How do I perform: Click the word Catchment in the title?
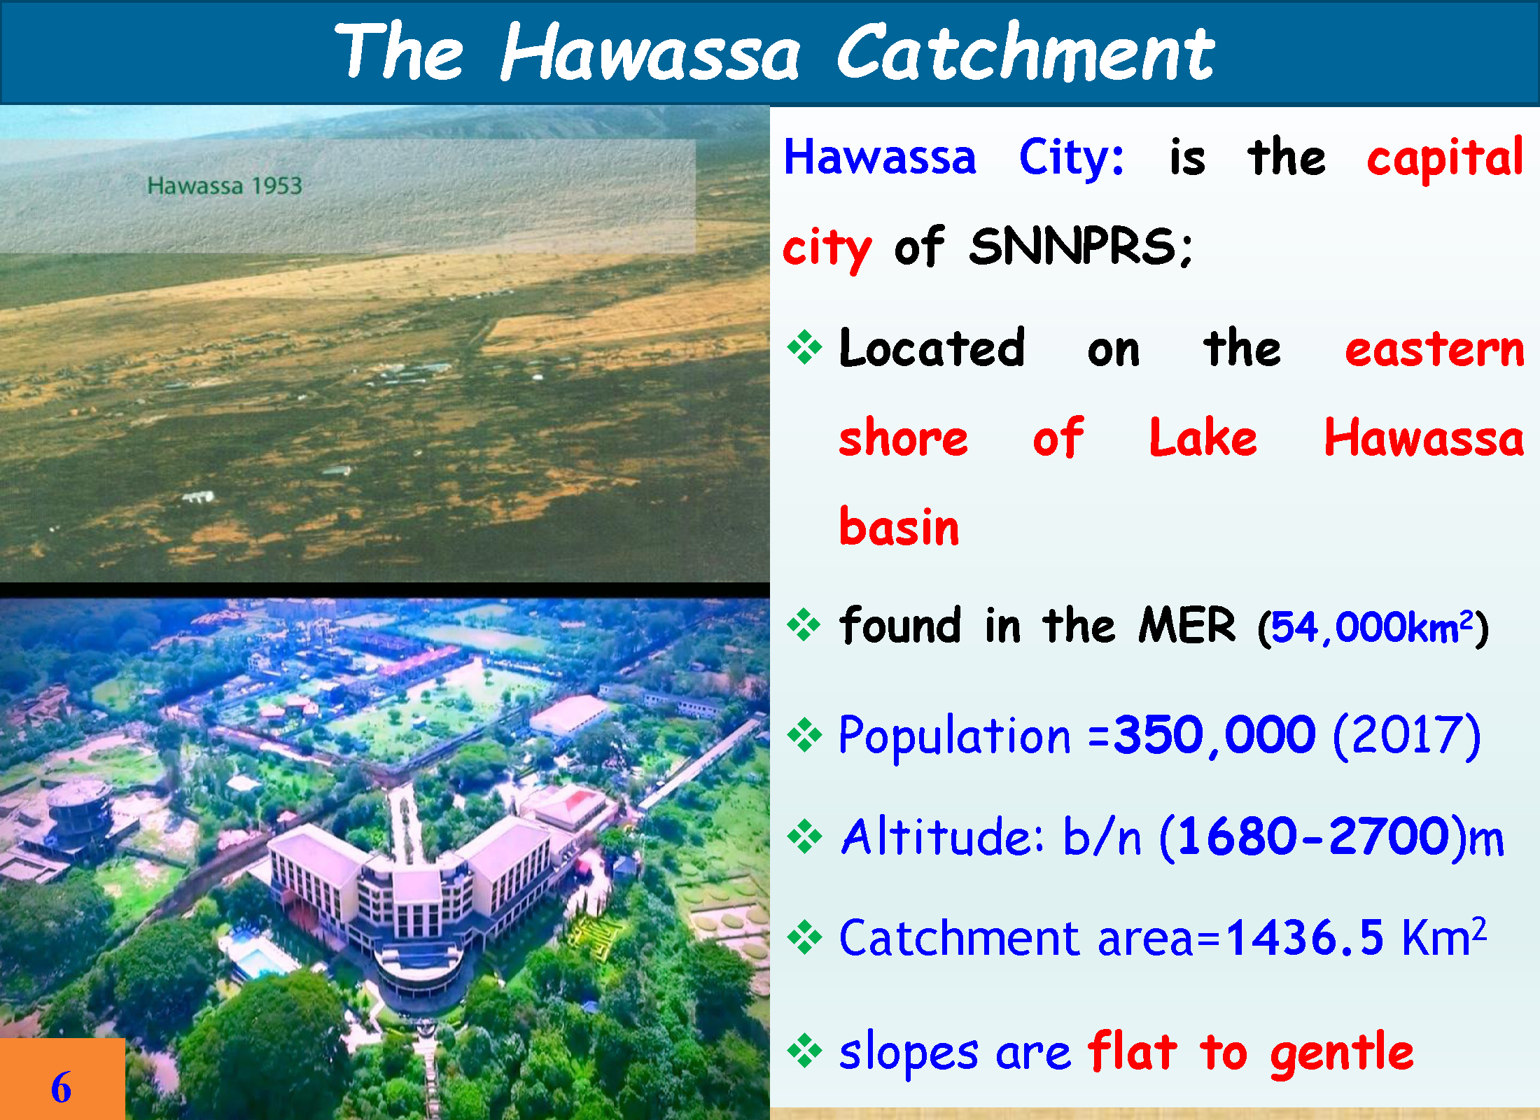1025,52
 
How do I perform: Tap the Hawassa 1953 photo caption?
225,185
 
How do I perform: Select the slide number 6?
61,1087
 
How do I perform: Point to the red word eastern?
1434,349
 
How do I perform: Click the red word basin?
899,526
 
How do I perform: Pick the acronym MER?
1187,625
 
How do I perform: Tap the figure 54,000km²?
1373,627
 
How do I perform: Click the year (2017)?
1407,736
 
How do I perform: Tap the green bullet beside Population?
804,736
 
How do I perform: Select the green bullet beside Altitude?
804,836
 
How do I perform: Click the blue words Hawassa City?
953,158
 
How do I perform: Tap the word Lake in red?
1203,437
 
